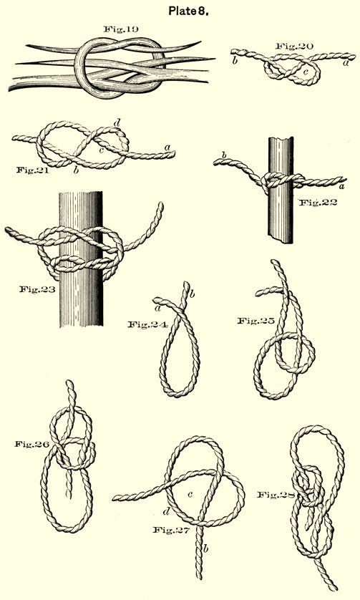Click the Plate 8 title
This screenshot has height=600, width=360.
(x=188, y=11)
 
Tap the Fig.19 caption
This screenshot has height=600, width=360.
(x=120, y=29)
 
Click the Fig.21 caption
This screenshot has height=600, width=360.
(x=33, y=170)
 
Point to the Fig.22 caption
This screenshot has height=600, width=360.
(x=318, y=202)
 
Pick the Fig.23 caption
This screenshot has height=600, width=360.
(x=37, y=289)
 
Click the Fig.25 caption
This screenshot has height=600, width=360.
(x=256, y=321)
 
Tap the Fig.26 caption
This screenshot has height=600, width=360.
(x=31, y=444)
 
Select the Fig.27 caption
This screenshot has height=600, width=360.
(x=171, y=530)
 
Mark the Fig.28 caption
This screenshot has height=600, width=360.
(x=275, y=495)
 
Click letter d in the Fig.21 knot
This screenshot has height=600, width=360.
(x=117, y=123)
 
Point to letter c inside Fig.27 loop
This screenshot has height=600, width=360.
(x=190, y=494)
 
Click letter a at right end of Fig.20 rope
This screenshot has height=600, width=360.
(x=346, y=63)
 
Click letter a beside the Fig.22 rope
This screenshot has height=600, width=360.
(x=341, y=186)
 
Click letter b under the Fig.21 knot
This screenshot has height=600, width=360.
(x=76, y=170)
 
